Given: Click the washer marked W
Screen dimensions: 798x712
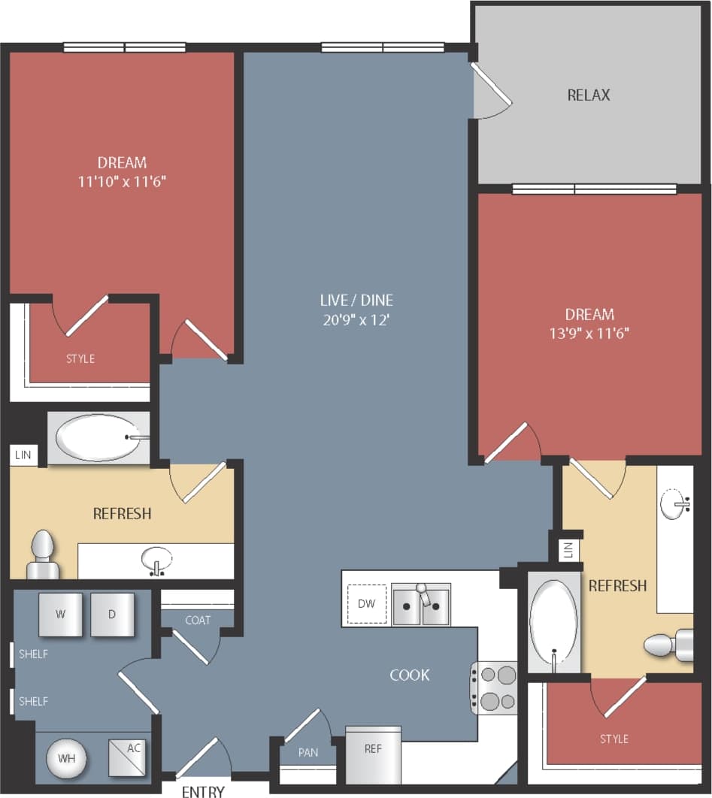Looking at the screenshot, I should point(61,614).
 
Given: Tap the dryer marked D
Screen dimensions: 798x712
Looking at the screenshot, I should point(112,614).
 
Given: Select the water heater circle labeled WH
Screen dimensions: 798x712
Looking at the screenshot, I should point(68,757).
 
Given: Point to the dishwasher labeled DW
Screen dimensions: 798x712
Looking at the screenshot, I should point(367,603).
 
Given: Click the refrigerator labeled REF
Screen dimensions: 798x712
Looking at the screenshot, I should point(373,754).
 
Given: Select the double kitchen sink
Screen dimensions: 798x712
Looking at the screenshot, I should point(421,605).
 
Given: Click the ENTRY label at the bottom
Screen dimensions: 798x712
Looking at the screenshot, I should point(203,791).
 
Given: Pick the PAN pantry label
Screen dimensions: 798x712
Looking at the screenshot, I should point(308,751).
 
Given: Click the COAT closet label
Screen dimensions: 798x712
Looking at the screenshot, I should point(198,620).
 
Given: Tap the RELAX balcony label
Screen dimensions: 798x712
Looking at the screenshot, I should point(589,95).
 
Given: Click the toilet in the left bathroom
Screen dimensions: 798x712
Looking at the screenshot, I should point(43,556).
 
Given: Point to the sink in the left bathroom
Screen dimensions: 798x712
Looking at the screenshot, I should point(157,560).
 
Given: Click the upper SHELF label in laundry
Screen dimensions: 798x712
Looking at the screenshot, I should point(33,654).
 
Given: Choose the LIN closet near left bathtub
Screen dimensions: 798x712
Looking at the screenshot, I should point(23,455).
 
